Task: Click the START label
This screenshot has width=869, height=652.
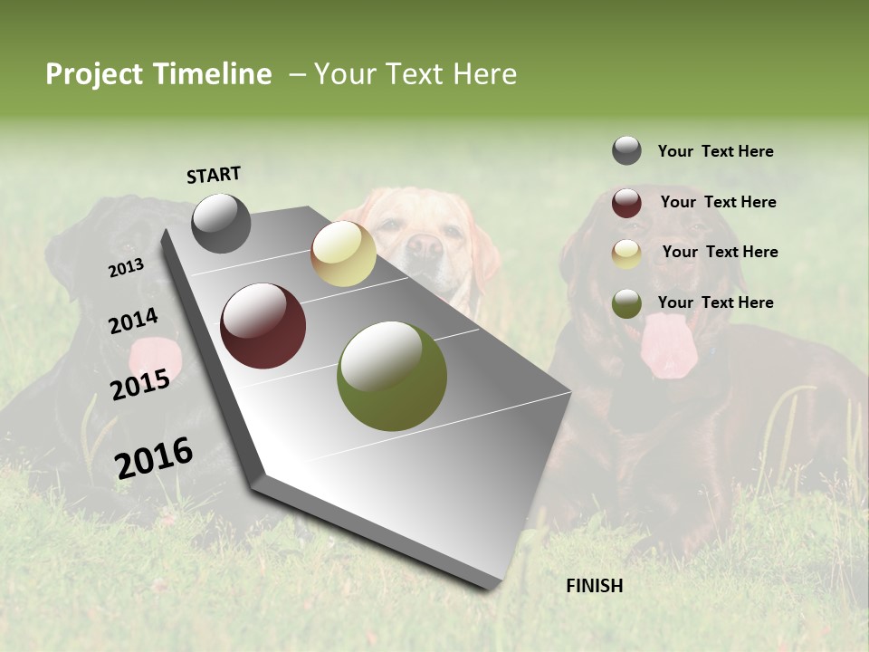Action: [214, 175]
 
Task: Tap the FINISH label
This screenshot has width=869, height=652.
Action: [594, 586]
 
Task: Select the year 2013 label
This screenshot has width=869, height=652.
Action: [126, 268]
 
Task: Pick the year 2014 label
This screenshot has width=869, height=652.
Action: [133, 321]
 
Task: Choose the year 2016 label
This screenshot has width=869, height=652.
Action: [154, 457]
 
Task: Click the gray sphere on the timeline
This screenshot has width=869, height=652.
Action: [222, 223]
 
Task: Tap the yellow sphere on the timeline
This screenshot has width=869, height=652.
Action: [343, 254]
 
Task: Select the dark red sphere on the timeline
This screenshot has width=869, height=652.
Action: [263, 326]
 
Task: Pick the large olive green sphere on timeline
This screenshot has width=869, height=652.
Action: [392, 376]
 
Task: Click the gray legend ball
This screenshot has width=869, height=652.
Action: [626, 150]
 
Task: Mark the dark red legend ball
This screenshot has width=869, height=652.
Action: [626, 203]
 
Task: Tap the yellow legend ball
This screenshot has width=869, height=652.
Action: [626, 254]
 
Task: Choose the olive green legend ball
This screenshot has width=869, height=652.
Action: [626, 303]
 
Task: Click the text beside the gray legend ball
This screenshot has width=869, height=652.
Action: [715, 151]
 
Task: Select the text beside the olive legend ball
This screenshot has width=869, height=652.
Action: [715, 302]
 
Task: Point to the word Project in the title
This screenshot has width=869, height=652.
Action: [94, 74]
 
